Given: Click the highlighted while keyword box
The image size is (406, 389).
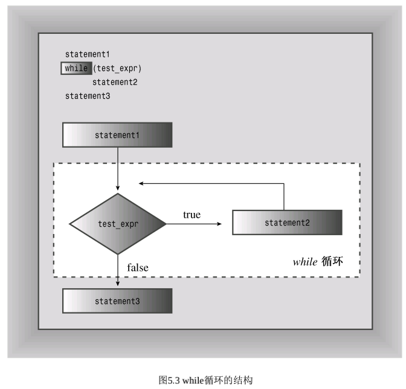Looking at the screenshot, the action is point(76,68).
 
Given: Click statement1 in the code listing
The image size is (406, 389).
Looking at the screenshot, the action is point(88,54).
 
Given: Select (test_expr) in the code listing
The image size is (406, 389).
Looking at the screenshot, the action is point(117,69).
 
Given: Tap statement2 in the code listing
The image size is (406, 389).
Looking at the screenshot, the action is point(115,82).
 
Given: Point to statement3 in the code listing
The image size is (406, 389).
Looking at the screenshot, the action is point(88,96).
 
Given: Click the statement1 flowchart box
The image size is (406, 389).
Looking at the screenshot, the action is point(117,135).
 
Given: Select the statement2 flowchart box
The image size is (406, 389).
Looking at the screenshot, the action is point(288,223).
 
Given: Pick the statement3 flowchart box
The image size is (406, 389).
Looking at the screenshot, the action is point(117,301).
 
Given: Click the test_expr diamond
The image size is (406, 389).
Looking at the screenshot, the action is point(118,224).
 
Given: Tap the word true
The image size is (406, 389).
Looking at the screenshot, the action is point(192,215).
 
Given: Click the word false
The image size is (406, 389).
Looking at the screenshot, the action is point(138,268).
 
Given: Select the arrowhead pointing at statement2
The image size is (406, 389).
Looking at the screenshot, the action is point(219,224).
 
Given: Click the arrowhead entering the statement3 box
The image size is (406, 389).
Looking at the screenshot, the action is point(118,283).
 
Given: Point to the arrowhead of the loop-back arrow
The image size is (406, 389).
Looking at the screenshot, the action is point(141,183).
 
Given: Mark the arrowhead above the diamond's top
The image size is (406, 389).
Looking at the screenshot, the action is point(118,188).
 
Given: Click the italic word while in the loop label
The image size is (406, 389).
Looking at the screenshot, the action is point(305,262).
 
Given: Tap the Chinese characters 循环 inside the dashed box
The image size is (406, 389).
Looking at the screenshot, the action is point(332,261).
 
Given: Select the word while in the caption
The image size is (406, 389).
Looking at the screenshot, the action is point(193,381).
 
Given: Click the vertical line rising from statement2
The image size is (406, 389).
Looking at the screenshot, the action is point(284,197).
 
